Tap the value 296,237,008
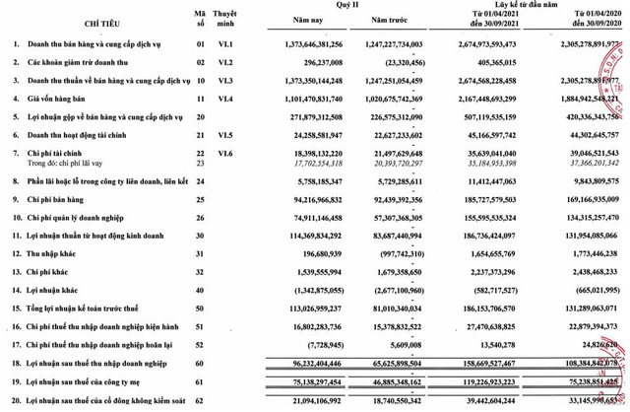click(294, 63)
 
